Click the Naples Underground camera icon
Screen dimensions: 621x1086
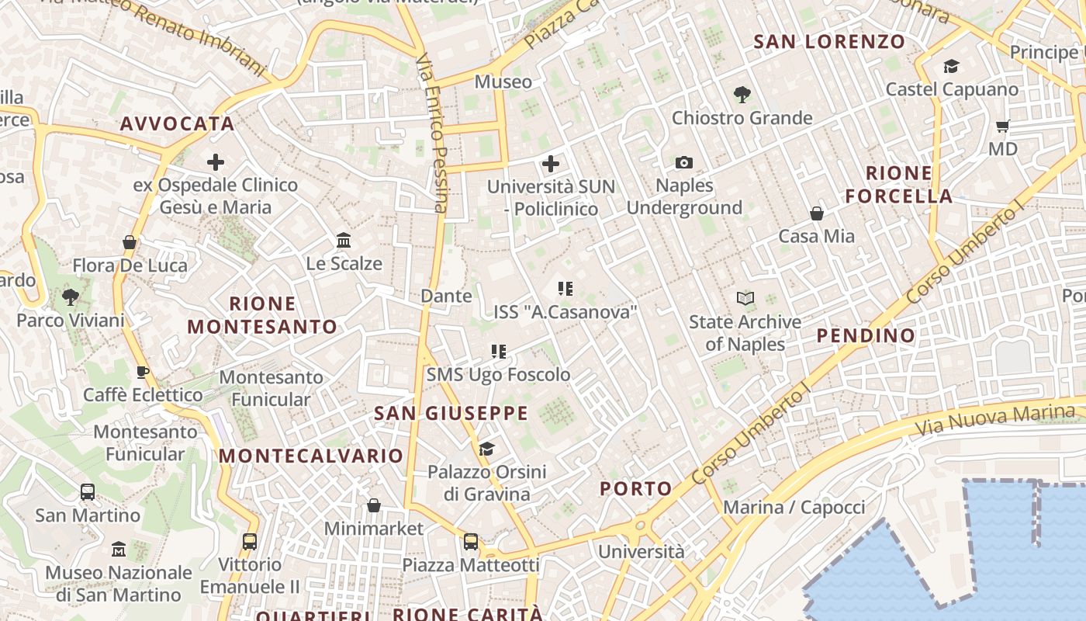[683, 162]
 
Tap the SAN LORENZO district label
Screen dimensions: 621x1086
[829, 42]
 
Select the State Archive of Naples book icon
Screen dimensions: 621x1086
[745, 298]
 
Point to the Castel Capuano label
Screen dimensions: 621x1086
[952, 89]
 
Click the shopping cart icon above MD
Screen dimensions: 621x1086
[1002, 125]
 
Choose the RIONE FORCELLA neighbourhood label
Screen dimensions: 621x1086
[899, 184]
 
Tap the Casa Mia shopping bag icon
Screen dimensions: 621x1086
[816, 213]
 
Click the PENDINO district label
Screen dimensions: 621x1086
[866, 335]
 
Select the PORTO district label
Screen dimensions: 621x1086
[636, 488]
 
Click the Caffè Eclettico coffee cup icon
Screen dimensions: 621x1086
[142, 372]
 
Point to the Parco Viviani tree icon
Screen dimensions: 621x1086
[70, 297]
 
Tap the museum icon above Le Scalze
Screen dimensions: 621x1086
[344, 240]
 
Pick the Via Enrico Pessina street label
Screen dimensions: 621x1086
[432, 132]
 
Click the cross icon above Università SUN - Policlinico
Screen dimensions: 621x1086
[551, 163]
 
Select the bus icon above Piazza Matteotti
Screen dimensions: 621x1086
[470, 541]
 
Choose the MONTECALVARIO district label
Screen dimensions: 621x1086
[311, 456]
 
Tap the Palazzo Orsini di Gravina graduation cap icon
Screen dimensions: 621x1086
[486, 449]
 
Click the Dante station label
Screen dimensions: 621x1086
[446, 296]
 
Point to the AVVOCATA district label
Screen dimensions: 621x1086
[177, 123]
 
